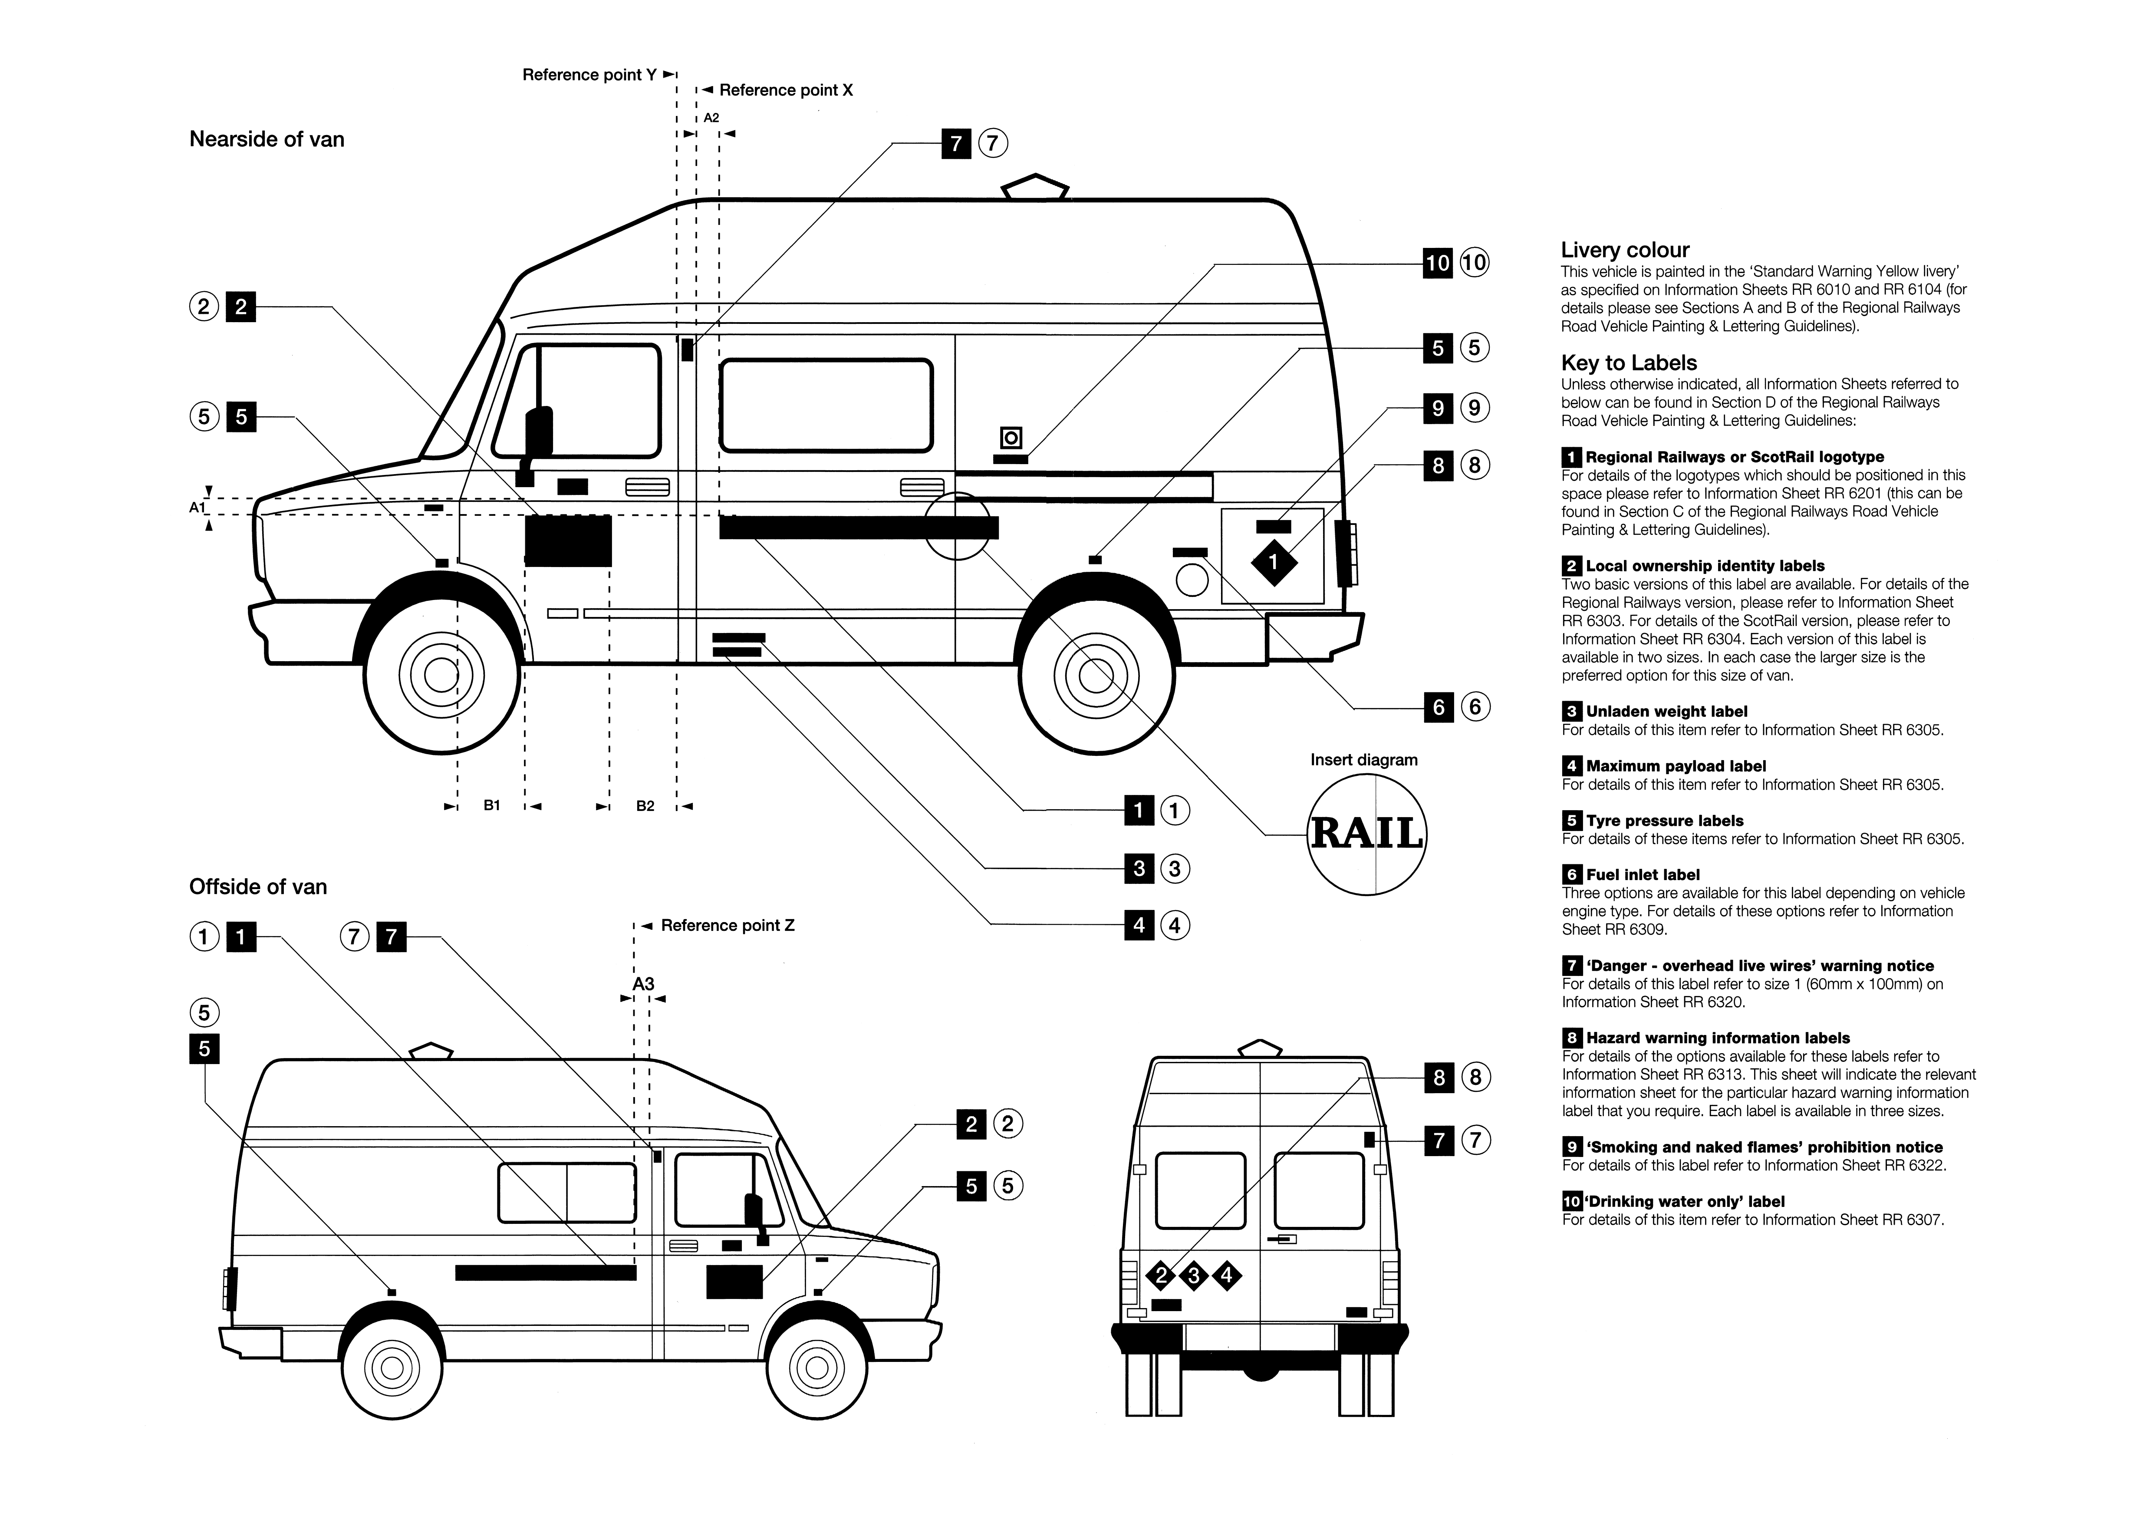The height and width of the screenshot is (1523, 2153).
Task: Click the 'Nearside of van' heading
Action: [267, 140]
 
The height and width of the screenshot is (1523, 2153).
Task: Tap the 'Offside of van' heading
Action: [258, 887]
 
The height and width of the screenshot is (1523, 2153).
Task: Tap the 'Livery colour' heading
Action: [1625, 251]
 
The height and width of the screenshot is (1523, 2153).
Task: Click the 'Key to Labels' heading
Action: [1629, 363]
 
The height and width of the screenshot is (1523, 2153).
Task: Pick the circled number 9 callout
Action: [1474, 408]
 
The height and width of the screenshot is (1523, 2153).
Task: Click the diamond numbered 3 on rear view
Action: [1194, 1276]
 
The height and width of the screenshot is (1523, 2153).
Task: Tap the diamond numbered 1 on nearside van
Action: [1274, 563]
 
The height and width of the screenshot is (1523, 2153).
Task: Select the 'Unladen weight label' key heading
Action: [1666, 712]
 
